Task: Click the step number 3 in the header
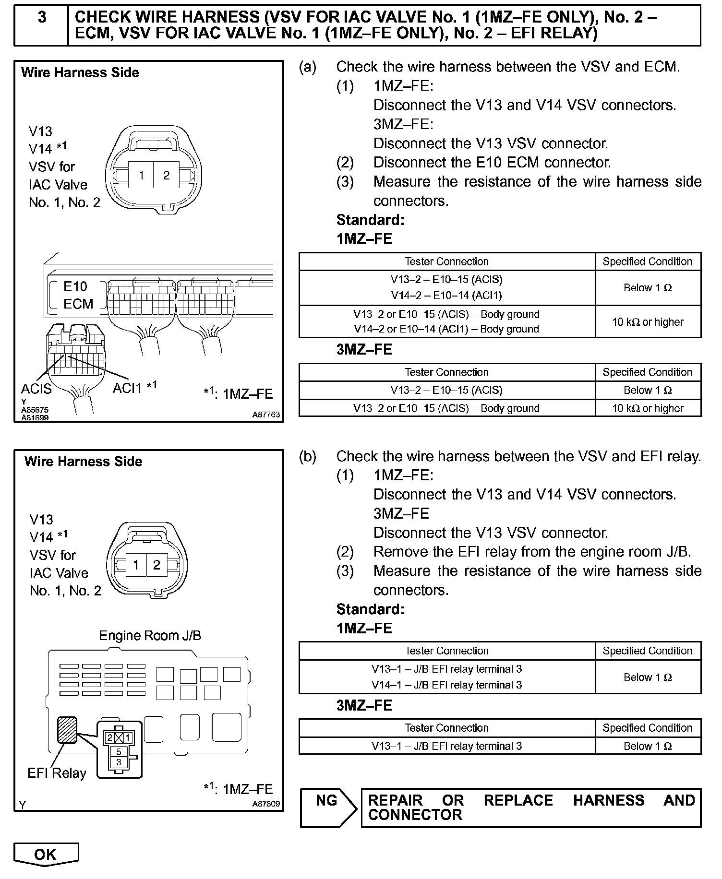tap(42, 18)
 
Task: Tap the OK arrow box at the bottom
tap(46, 854)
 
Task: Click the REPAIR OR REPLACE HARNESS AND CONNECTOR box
tap(531, 808)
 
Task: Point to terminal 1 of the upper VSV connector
tap(141, 176)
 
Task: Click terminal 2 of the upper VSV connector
tap(166, 176)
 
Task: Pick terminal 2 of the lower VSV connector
tap(156, 565)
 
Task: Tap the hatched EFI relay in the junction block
tap(67, 730)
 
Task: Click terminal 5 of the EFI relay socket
tap(119, 751)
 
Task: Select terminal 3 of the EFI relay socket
tap(119, 761)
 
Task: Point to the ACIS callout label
tap(36, 388)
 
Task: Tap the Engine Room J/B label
tap(150, 636)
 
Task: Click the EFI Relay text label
tap(57, 773)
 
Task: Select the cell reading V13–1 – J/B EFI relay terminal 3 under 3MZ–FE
tap(446, 746)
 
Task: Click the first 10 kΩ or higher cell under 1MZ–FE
tap(648, 322)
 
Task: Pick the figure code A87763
tap(266, 415)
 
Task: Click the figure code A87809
tap(266, 804)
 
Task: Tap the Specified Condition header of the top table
tap(648, 261)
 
